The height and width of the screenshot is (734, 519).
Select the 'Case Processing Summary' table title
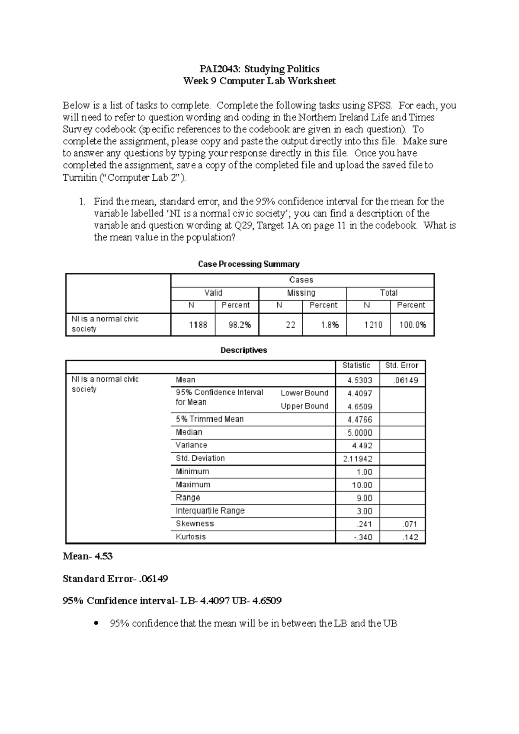coord(249,264)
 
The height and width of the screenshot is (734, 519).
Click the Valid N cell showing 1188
coord(198,325)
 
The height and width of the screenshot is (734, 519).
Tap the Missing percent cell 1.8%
coord(330,325)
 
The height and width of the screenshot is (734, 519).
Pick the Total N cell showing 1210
coord(373,325)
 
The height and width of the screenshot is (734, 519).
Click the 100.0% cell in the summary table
coord(413,325)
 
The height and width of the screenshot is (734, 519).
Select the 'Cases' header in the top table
coord(301,280)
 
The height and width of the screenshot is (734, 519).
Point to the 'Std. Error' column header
coord(402,366)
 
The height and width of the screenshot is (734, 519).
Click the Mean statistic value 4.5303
coord(360,381)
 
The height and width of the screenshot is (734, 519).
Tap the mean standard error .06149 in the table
coord(406,381)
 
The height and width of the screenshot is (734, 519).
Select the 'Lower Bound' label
coord(304,393)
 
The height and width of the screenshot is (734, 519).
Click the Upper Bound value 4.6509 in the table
coord(360,407)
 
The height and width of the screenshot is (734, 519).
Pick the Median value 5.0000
coord(360,433)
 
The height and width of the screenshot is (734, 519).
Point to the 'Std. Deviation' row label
coord(200,458)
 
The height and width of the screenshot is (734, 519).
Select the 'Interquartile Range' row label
coord(210,511)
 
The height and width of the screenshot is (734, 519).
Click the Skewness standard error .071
coord(410,524)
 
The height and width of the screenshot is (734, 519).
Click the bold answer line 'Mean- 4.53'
coord(88,556)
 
